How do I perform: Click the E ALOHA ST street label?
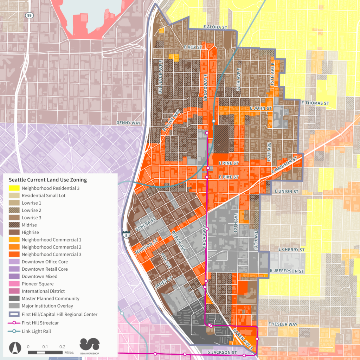[216, 27]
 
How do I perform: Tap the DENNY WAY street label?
[128, 123]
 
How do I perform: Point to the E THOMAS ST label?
[315, 103]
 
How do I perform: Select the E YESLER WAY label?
[283, 324]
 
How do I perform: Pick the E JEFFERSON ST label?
[287, 271]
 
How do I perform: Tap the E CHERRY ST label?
[291, 250]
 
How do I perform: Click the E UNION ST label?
[286, 191]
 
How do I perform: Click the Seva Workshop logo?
[90, 346]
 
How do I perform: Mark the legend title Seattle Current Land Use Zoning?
[48, 180]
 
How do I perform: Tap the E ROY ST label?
[193, 47]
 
